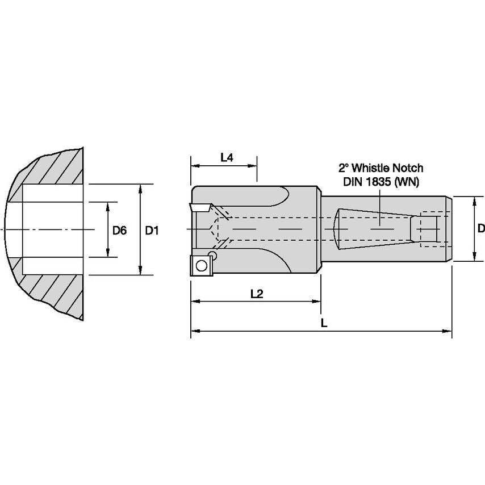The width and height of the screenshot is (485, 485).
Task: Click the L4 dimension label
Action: click(x=227, y=157)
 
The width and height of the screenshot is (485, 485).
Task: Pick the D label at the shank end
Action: click(x=480, y=228)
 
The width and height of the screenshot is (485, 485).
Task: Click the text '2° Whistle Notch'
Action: click(x=381, y=168)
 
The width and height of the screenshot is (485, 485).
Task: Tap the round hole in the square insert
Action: click(x=200, y=264)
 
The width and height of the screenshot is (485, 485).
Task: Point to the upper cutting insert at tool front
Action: click(x=200, y=207)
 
